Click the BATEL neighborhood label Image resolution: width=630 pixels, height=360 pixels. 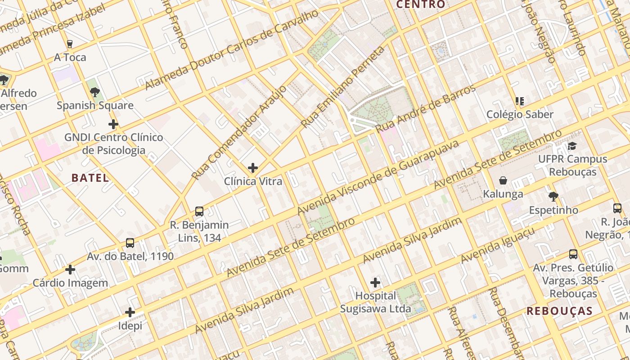point(90,178)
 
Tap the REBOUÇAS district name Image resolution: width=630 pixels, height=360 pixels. point(559,311)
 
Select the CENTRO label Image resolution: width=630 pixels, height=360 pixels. point(420,4)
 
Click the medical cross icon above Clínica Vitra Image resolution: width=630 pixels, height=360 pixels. point(253,168)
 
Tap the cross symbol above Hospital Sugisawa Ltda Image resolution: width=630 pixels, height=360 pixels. point(375,283)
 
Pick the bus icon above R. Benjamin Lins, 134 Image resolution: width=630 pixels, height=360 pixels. point(199,211)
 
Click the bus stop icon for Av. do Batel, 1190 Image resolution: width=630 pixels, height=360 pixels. point(130,243)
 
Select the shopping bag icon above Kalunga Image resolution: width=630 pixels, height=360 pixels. point(503,180)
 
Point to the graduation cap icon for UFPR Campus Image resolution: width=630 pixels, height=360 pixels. point(572,146)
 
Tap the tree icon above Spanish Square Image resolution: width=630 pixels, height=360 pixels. point(95,92)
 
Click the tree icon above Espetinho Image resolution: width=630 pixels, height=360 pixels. point(553,196)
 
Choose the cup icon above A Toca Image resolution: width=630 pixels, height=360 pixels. point(70,44)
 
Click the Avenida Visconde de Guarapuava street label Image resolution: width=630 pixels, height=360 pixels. point(378,177)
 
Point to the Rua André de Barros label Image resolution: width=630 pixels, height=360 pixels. point(425,108)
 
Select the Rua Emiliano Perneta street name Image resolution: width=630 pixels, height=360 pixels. point(343,87)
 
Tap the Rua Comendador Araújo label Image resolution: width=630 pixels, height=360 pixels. point(239,133)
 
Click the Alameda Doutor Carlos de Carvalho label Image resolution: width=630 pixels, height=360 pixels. point(232,50)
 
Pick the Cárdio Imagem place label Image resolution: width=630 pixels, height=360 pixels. point(70,283)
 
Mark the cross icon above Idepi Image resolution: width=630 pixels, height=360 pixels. point(130,312)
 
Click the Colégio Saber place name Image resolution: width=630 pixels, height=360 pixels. point(520,114)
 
